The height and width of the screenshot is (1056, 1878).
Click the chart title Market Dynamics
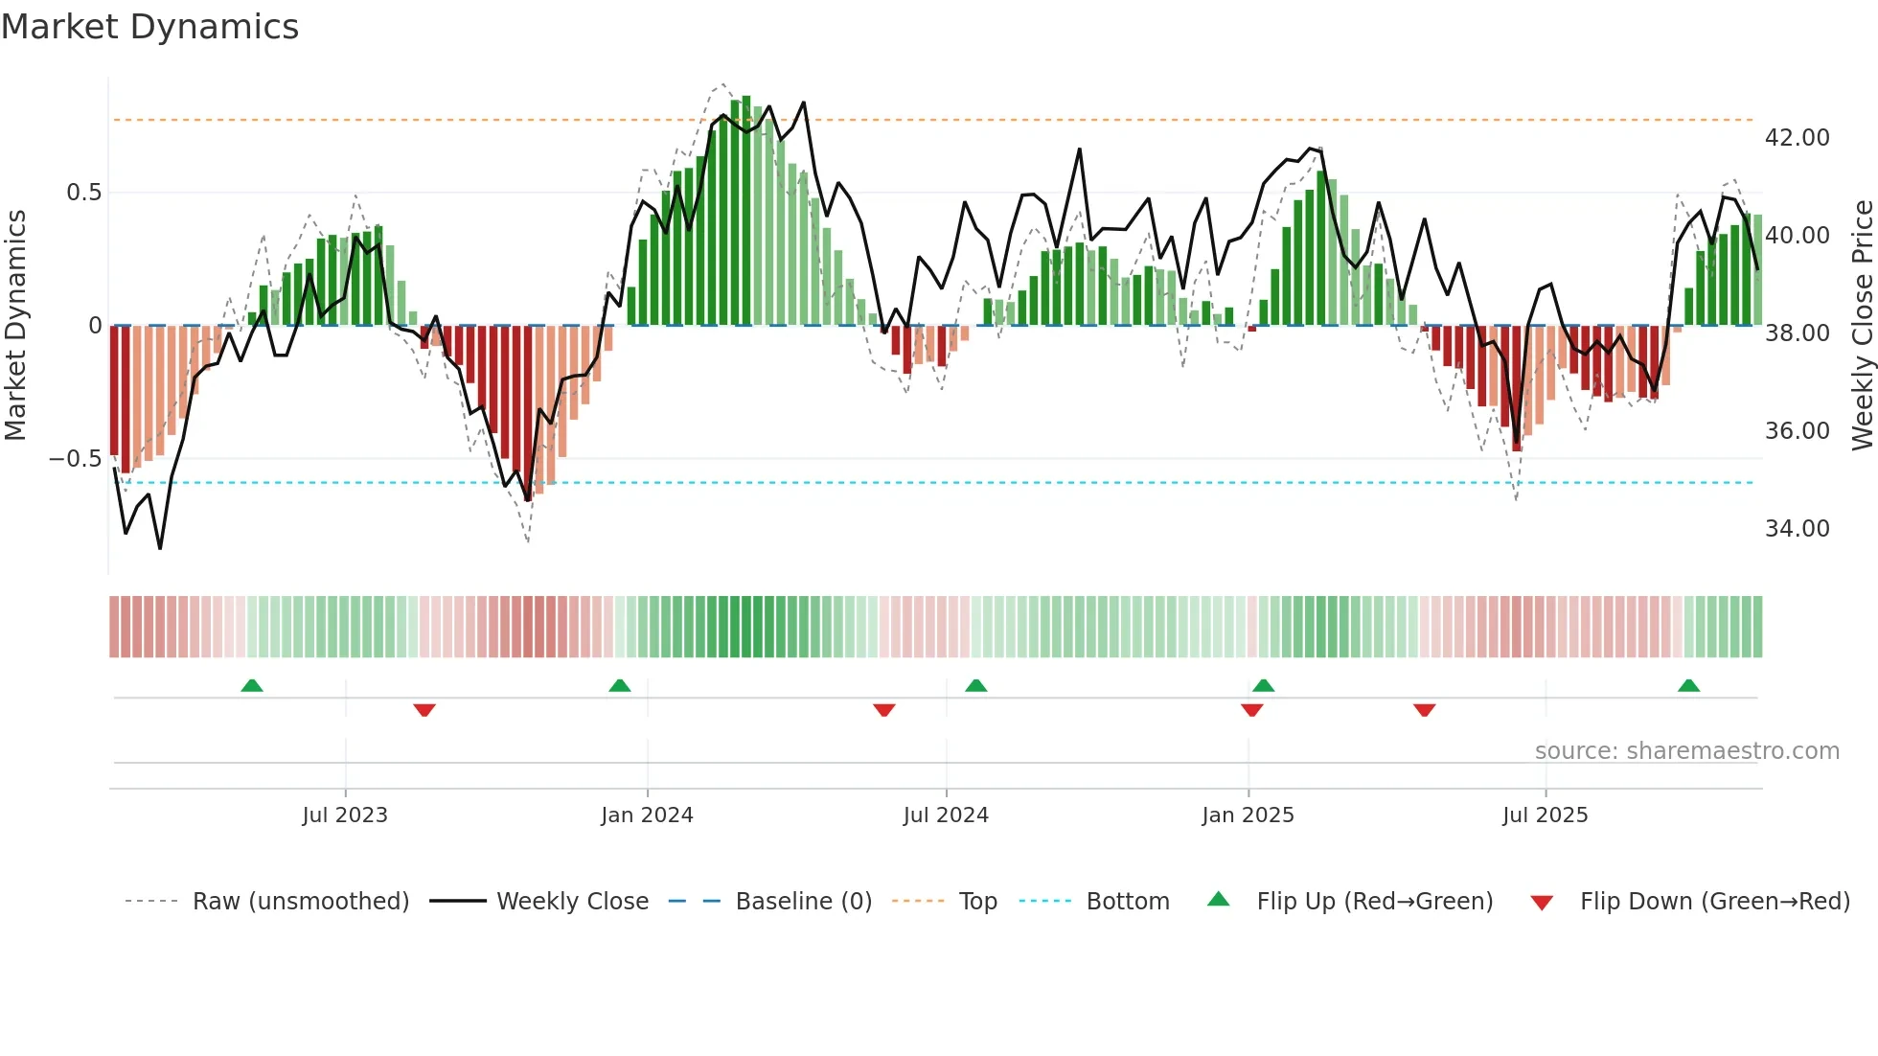tap(149, 27)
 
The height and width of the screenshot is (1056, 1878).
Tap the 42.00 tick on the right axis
tap(1797, 138)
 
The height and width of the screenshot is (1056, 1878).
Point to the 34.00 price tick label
tap(1797, 529)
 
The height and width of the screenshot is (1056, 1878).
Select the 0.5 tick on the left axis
tap(83, 193)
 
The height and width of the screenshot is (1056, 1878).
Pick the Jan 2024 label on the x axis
tap(647, 815)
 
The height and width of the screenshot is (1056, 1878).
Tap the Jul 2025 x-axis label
tap(1545, 815)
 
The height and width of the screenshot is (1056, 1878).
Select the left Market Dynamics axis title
tap(15, 326)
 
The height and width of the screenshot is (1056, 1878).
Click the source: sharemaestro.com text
tap(1686, 751)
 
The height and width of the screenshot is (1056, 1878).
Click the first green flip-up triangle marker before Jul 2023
tap(252, 686)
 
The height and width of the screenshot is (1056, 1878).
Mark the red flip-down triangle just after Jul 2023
tap(424, 710)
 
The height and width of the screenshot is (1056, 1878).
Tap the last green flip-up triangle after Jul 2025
tap(1688, 686)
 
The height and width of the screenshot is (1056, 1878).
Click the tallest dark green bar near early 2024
tap(746, 211)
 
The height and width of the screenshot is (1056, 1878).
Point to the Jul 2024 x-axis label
tap(946, 815)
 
